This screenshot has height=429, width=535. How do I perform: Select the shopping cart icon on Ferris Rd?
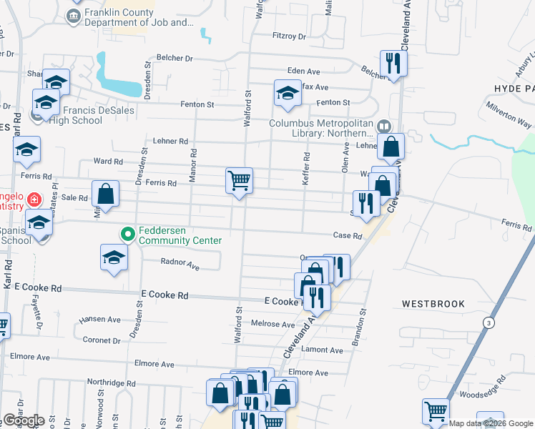click(239, 179)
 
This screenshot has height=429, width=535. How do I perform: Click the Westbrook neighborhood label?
click(433, 304)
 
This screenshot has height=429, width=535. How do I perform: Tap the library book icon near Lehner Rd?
click(385, 127)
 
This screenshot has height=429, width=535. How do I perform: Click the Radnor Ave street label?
click(180, 265)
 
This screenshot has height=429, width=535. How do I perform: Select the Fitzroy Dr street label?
click(289, 36)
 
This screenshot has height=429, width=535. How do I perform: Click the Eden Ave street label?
click(303, 71)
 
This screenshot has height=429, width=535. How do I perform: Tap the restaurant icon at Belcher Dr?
click(393, 61)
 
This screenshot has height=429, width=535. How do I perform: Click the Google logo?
click(24, 420)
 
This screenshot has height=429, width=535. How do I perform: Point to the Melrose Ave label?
click(273, 324)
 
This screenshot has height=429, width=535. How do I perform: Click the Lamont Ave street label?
click(322, 350)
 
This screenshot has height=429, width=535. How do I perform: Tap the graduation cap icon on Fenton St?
click(288, 93)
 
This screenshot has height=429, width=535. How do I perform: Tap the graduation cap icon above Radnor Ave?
click(114, 257)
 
